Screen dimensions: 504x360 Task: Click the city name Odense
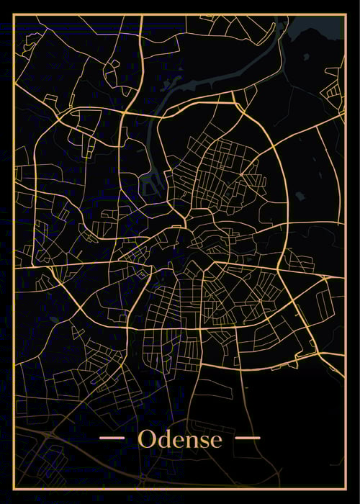point(180,438)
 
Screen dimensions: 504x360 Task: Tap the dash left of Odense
point(112,438)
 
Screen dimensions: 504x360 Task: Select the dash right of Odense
point(248,438)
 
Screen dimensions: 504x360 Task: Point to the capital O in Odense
point(145,438)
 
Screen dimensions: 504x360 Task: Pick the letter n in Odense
point(189,440)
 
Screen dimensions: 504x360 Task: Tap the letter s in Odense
point(202,440)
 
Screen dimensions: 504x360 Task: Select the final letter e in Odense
point(215,440)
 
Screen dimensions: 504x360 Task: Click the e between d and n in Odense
point(175,440)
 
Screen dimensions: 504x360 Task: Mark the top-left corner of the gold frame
point(14,15)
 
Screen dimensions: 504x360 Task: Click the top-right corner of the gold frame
point(345,15)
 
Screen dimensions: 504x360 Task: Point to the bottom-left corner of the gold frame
point(14,490)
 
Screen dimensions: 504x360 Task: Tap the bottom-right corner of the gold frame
point(345,490)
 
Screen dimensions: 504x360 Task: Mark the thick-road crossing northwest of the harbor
point(124,113)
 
